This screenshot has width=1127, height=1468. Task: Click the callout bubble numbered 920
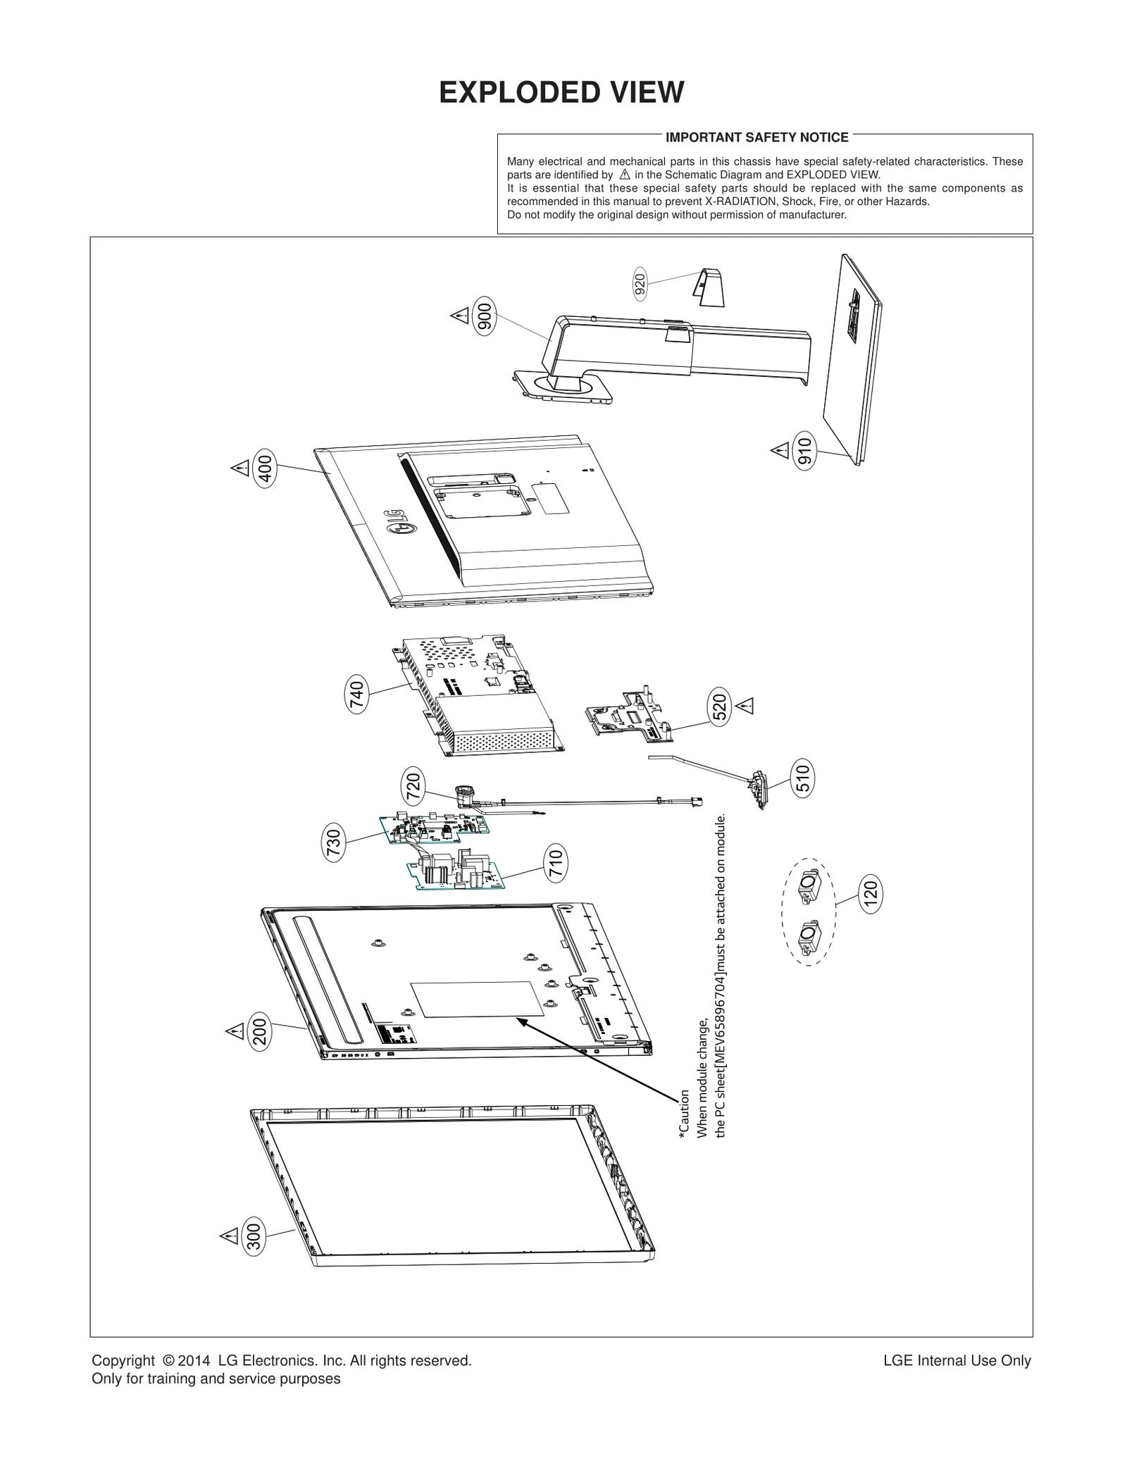pos(640,284)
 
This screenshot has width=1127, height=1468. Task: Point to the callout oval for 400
pos(266,467)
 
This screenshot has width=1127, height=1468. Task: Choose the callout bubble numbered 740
pos(357,695)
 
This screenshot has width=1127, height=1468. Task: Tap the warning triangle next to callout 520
pos(745,705)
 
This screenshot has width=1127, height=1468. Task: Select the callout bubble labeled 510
pos(802,777)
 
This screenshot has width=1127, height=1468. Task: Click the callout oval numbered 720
pos(413,788)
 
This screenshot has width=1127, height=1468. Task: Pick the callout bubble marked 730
pos(335,844)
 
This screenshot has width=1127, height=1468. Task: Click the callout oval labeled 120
pos(871,894)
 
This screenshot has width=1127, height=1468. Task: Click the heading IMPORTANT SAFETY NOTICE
pos(756,137)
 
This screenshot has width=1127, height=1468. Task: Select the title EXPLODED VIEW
pos(561,93)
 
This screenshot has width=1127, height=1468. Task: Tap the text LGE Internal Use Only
pos(957,1361)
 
